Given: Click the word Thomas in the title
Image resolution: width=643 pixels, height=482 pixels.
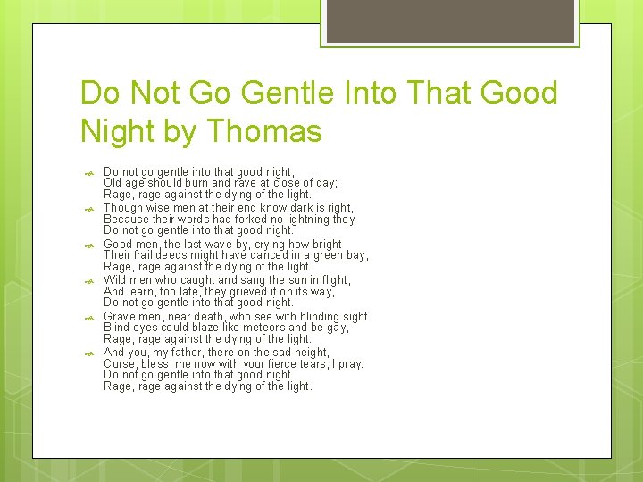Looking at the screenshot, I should pos(264,132).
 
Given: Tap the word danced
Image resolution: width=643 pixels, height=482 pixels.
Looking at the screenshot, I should pos(269,255).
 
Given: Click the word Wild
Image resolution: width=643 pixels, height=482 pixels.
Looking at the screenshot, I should pos(116,280).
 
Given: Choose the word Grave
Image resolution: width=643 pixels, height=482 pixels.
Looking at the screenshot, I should pos(121,316).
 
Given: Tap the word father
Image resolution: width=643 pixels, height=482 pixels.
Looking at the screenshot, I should pos(199,353).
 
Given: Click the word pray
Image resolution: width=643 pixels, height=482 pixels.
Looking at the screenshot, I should pos(352,364).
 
